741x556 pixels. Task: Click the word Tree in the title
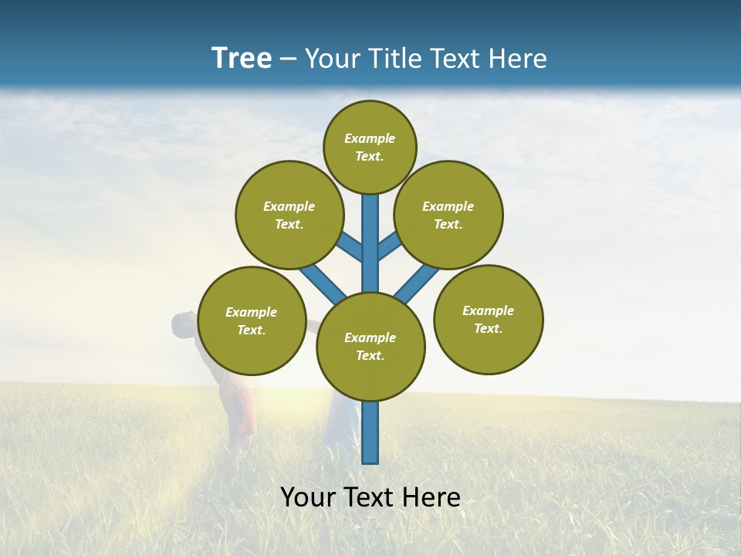tap(242, 58)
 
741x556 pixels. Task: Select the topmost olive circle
tap(370, 147)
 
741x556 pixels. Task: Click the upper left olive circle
tap(289, 215)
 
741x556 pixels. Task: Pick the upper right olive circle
tap(448, 215)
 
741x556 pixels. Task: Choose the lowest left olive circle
tap(252, 320)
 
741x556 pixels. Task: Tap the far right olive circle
tap(489, 319)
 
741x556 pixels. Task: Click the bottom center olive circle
tap(370, 346)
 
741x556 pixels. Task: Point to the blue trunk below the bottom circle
tap(370, 432)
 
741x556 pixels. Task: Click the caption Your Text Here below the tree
tap(370, 497)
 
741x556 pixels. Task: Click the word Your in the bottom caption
tap(307, 497)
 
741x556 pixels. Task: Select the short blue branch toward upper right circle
tap(388, 246)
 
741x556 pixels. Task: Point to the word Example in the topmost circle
tap(370, 138)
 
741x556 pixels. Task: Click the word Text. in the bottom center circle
tap(370, 355)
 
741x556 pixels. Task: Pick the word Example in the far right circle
tap(488, 310)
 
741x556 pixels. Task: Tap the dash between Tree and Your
tap(288, 59)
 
